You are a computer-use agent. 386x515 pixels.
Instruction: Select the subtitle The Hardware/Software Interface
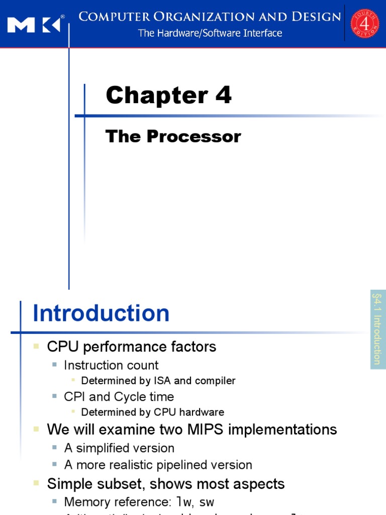(x=210, y=33)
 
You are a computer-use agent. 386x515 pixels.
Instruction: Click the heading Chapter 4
(x=169, y=95)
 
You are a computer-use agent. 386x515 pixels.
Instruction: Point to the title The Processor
(x=173, y=136)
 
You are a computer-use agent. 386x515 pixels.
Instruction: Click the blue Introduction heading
(x=101, y=313)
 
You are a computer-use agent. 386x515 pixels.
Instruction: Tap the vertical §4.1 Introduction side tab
(x=377, y=329)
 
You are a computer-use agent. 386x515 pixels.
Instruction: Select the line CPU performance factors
(x=131, y=347)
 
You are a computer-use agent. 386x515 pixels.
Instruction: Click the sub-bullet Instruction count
(x=111, y=365)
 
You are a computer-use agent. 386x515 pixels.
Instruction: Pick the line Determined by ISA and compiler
(x=158, y=381)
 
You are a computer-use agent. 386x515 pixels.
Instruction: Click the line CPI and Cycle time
(x=119, y=396)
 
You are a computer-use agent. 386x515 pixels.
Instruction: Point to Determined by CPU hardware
(x=152, y=412)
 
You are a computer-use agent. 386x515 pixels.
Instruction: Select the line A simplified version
(x=119, y=448)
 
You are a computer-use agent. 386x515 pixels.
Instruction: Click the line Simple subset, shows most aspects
(x=165, y=484)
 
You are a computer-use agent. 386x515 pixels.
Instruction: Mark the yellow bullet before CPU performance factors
(x=36, y=347)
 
